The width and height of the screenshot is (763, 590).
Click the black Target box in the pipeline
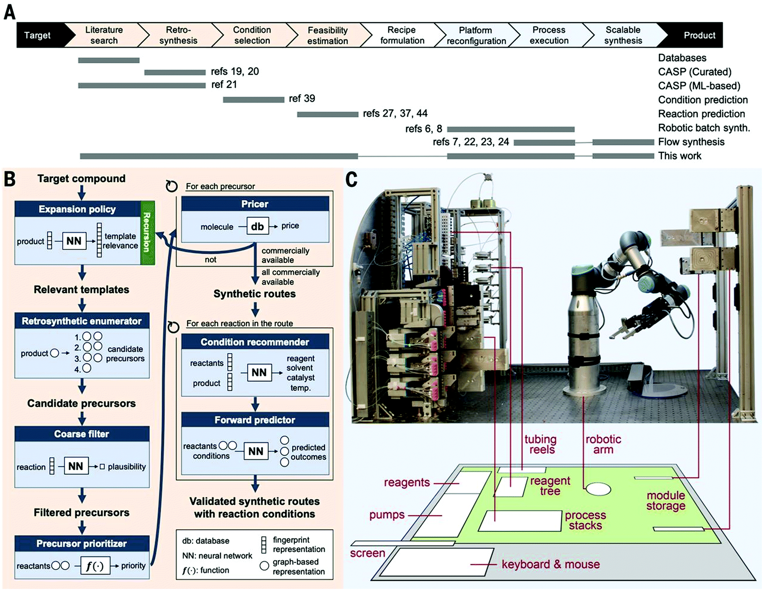[x=38, y=35]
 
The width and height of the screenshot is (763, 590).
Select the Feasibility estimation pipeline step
[x=327, y=35]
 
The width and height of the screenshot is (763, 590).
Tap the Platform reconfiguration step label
[x=476, y=35]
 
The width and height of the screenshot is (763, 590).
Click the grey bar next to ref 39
[x=253, y=100]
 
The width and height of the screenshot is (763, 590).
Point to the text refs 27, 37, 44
[x=395, y=113]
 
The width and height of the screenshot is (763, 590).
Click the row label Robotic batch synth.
[x=704, y=128]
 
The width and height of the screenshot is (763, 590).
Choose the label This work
[x=680, y=156]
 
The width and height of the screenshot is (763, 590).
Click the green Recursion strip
[x=147, y=233]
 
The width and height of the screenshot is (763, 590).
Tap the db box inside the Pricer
[x=257, y=226]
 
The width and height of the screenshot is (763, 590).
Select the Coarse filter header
[x=81, y=434]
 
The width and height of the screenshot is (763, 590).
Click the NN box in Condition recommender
[x=259, y=373]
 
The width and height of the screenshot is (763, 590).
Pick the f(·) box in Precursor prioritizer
[x=95, y=566]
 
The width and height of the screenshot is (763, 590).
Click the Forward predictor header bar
[x=255, y=420]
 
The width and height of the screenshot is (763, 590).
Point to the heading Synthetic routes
[x=254, y=294]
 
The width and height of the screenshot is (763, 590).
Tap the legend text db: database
[x=206, y=541]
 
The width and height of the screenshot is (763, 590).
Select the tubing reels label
[x=541, y=445]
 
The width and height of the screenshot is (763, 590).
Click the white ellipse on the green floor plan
[x=598, y=489]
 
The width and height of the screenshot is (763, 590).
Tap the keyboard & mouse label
[x=550, y=564]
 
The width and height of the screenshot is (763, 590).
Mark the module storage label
[x=666, y=501]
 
